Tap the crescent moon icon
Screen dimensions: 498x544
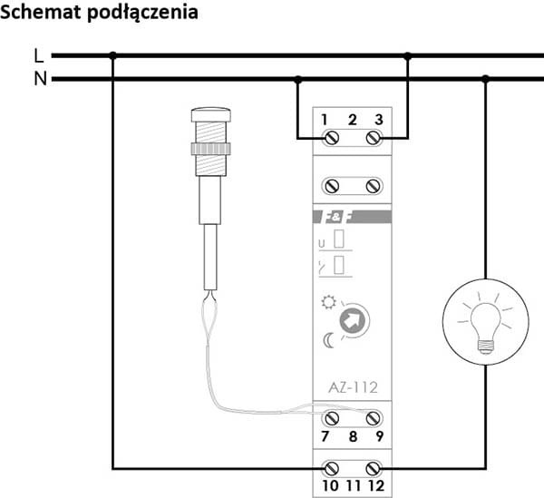[x=328, y=340]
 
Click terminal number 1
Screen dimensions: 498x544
[x=325, y=120]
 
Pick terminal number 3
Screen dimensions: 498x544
[x=378, y=120]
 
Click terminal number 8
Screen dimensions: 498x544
[x=352, y=437]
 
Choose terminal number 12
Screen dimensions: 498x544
[x=377, y=486]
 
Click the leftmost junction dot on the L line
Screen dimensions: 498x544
[x=112, y=56]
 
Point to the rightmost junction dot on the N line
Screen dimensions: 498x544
[x=485, y=79]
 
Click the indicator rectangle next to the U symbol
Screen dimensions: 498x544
[x=340, y=241]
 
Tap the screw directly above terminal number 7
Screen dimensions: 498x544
[x=330, y=416]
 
